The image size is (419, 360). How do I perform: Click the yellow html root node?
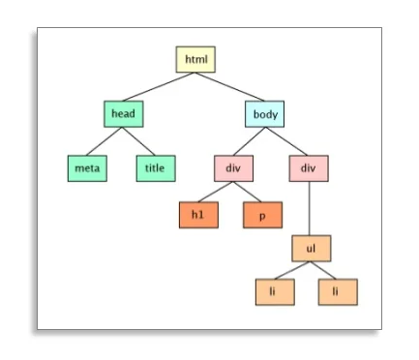point(195,59)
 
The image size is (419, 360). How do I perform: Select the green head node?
point(123,113)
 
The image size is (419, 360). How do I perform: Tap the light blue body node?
point(264,113)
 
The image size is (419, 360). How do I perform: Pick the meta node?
point(87,167)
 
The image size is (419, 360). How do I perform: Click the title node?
point(155,167)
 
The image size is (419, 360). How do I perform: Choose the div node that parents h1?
point(233,167)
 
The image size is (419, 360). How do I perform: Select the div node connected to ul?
point(309,167)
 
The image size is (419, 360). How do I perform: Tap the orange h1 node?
point(198,215)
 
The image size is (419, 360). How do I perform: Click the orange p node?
point(261,215)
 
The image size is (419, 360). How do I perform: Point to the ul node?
point(311,248)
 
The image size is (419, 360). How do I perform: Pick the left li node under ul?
point(275,291)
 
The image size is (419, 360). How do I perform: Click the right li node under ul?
point(338,291)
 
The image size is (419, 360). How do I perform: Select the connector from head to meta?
point(105,140)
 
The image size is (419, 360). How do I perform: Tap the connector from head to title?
point(138,140)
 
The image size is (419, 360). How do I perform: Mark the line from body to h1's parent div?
point(249,140)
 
